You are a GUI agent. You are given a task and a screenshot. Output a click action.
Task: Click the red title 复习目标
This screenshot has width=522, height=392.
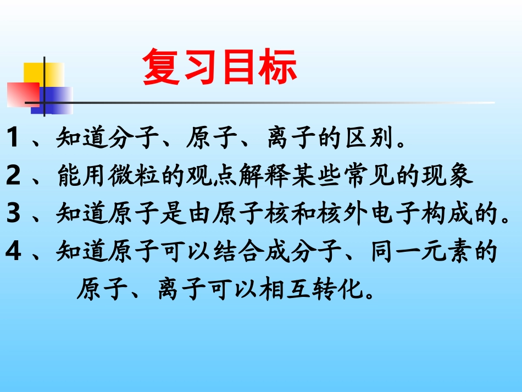click(220, 68)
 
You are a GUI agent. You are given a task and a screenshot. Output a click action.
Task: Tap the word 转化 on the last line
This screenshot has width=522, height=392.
click(330, 289)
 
